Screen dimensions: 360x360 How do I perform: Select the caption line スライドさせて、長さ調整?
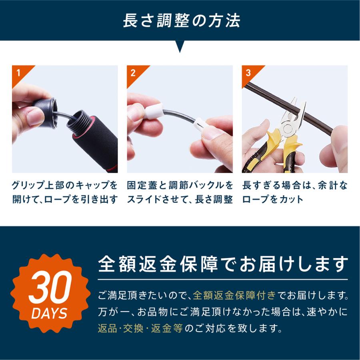pyautogui.click(x=180, y=199)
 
